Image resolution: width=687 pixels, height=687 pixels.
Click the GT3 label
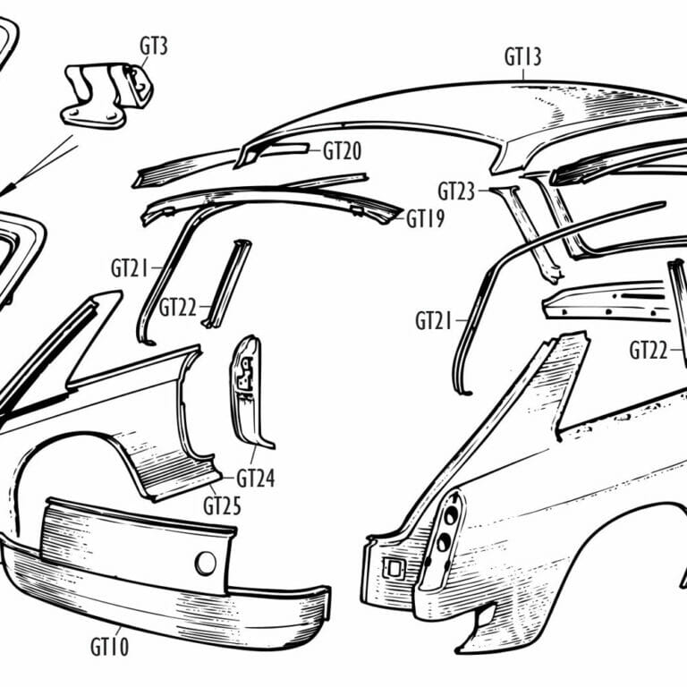point(154,46)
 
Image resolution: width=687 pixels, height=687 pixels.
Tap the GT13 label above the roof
point(522,58)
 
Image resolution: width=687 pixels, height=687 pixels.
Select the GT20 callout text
point(342,151)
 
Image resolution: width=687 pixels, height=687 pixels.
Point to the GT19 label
point(425,218)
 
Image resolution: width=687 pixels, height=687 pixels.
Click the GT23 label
point(456,191)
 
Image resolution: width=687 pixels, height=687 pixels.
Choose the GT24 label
point(256,478)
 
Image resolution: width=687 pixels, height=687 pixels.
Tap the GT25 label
point(222,505)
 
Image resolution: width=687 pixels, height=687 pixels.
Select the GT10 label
point(109,646)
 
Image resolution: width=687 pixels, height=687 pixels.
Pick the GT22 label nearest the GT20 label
point(179,307)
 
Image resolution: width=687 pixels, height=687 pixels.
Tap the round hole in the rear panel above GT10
point(206,563)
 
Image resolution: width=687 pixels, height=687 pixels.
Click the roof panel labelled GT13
point(501,116)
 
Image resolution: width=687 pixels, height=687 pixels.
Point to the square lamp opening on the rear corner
point(391,568)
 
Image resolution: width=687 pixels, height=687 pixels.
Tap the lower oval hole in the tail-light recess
point(441,543)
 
